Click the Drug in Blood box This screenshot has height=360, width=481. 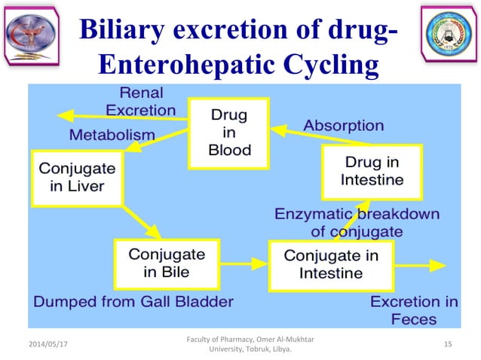[229, 133]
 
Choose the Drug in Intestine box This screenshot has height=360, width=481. [372, 171]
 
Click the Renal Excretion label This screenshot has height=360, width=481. [140, 102]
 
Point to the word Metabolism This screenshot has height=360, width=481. [112, 135]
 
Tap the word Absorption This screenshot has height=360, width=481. [343, 126]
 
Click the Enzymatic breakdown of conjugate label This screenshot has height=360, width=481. [356, 222]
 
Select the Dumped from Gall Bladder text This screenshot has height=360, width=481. [133, 303]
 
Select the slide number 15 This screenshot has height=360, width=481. [448, 344]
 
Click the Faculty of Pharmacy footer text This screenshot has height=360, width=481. [240, 344]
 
